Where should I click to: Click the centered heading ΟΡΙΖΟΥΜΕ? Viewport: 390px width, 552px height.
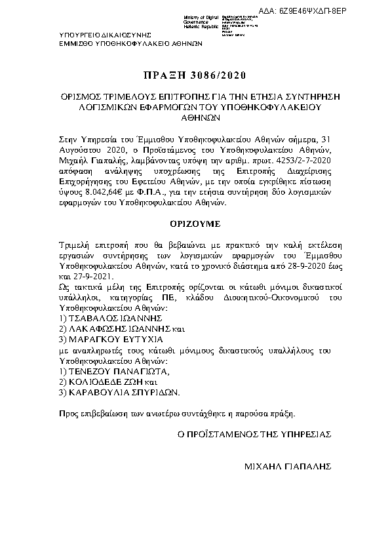click(x=195, y=223)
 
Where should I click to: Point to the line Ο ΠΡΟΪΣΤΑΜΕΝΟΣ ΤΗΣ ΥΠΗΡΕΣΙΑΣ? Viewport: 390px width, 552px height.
click(x=254, y=434)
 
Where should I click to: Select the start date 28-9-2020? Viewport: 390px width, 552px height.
click(x=292, y=269)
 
